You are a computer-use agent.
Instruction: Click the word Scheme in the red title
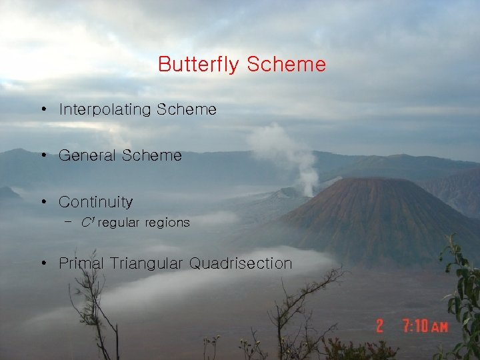pos(286,65)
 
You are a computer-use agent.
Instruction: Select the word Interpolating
pos(105,109)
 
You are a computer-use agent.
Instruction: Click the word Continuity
pos(95,201)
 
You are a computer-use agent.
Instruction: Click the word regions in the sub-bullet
pos(167,223)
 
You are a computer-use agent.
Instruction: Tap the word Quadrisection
pos(241,263)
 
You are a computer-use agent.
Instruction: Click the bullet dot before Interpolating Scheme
pos(42,109)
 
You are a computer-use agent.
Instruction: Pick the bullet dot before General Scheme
pos(42,155)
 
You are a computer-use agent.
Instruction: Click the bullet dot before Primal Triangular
pos(42,263)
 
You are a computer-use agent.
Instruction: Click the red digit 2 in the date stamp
pos(379,326)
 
